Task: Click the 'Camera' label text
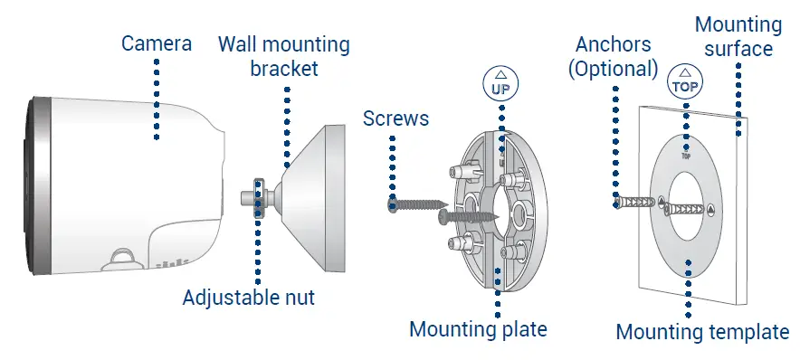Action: [x=156, y=43]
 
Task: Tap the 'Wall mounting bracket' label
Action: [x=283, y=56]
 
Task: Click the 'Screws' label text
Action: [x=395, y=118]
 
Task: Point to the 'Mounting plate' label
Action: [x=478, y=328]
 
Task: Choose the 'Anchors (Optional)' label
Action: [x=613, y=56]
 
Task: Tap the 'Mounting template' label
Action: [x=702, y=332]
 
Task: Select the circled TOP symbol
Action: [x=685, y=82]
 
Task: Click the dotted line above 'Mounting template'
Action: [x=690, y=289]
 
